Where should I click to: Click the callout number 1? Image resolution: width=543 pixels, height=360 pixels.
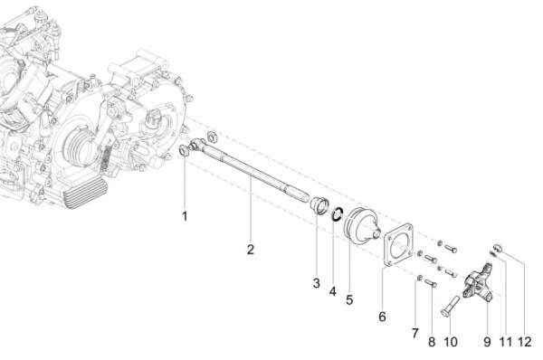[x=185, y=216]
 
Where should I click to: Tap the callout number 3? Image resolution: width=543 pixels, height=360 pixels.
[x=317, y=284]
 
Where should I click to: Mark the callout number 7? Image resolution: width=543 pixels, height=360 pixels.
[x=382, y=317]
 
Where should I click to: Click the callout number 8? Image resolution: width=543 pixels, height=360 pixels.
[x=414, y=334]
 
